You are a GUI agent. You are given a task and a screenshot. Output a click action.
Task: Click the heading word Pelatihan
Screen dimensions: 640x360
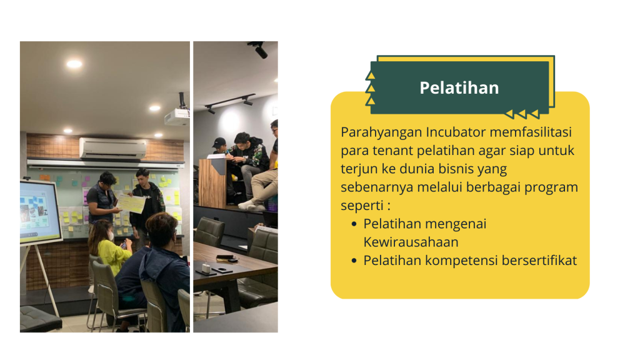(x=459, y=87)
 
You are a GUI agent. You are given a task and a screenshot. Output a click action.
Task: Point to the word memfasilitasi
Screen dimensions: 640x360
(x=531, y=132)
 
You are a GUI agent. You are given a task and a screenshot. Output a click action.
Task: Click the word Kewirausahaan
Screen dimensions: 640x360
(x=411, y=242)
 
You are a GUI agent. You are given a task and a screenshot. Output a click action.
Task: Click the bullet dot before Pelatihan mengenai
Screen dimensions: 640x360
(x=354, y=224)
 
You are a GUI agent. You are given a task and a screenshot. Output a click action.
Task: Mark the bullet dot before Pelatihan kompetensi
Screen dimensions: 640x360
(x=354, y=261)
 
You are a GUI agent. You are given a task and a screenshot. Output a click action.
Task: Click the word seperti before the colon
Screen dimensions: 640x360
(x=362, y=206)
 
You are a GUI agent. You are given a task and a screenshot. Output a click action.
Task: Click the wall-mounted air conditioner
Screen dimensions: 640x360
(x=112, y=148)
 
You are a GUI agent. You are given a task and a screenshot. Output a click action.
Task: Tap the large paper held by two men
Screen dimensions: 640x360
(x=131, y=204)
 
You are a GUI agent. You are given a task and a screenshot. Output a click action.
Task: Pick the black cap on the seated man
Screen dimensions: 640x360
(x=219, y=142)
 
